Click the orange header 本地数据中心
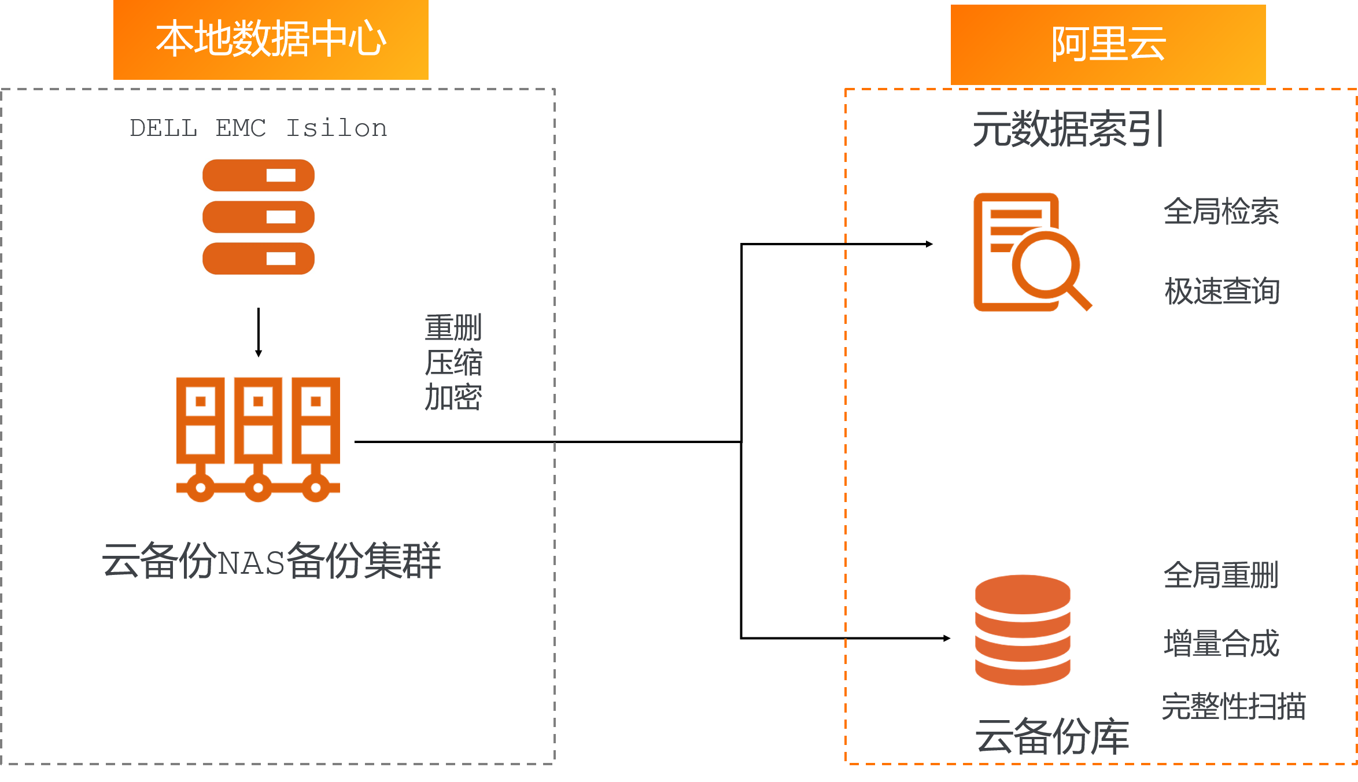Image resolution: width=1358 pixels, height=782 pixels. (271, 39)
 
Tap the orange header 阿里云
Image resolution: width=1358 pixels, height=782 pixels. (1108, 45)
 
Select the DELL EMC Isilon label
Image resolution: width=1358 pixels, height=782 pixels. (259, 128)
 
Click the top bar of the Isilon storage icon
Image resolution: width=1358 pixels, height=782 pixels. (259, 175)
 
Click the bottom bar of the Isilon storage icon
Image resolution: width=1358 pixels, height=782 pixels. (259, 259)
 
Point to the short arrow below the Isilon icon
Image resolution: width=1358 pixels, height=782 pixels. (259, 332)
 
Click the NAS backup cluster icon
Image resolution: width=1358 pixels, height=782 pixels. (258, 439)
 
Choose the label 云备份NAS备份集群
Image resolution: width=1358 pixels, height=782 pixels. (271, 560)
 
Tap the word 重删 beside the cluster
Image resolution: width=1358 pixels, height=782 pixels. (453, 328)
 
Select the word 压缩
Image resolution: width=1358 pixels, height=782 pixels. (453, 363)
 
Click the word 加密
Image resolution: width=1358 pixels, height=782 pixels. (453, 398)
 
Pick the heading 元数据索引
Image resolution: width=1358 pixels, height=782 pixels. (1068, 129)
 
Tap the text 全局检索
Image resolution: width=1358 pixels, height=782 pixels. (1221, 211)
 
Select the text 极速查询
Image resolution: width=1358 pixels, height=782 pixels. (1222, 291)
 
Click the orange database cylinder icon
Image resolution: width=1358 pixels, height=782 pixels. (1023, 630)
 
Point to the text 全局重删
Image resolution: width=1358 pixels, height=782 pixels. (1221, 576)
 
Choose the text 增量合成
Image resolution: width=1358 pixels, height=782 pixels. (1221, 643)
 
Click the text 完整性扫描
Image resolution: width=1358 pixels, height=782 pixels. (1234, 707)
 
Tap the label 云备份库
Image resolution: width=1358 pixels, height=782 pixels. (1052, 736)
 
